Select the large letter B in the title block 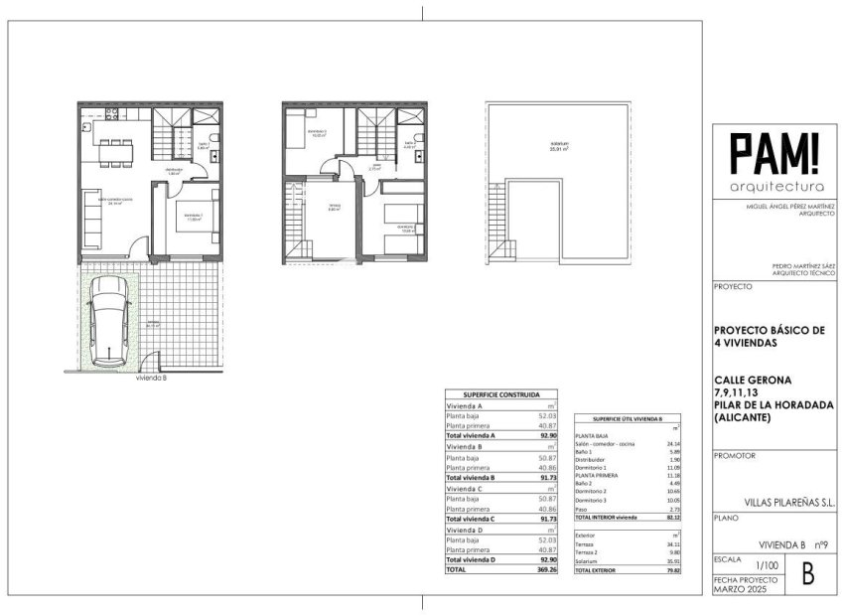coord(806,573)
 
